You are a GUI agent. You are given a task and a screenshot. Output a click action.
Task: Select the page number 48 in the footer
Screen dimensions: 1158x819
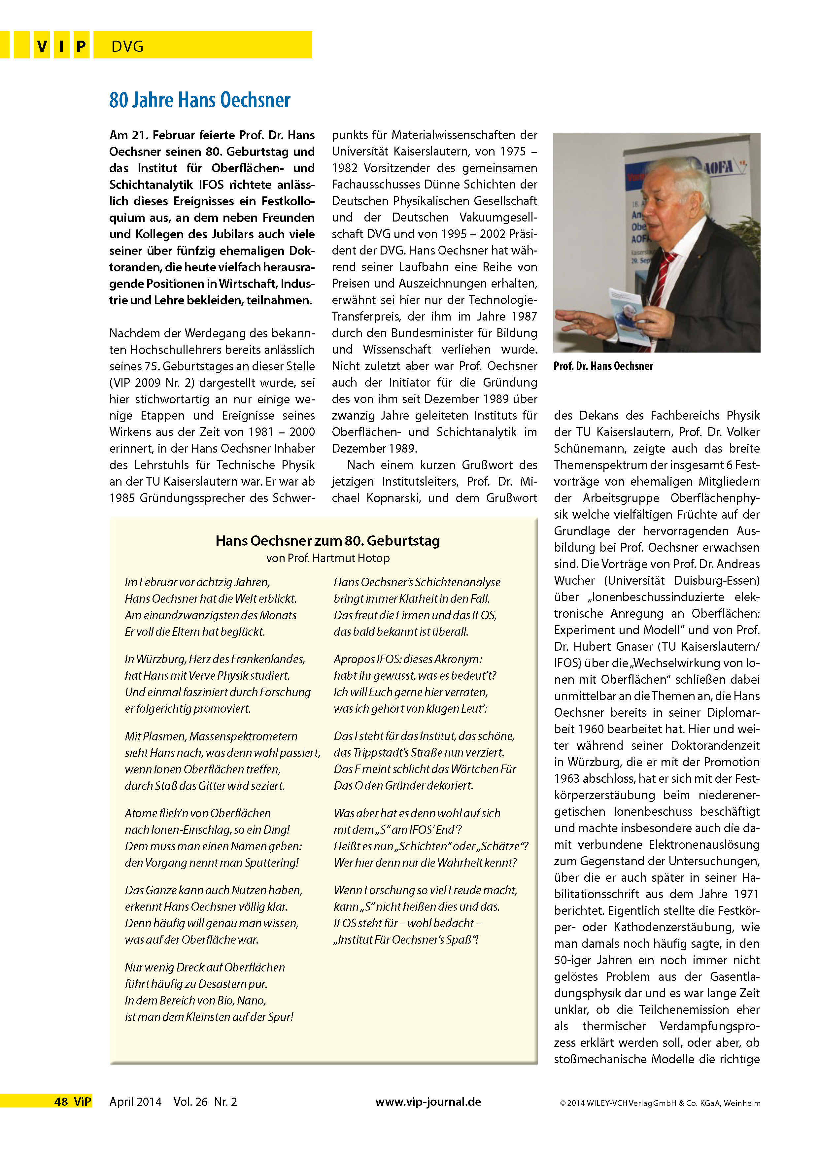coord(61,1102)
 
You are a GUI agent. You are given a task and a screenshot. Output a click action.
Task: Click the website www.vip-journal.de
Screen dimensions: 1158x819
coord(428,1102)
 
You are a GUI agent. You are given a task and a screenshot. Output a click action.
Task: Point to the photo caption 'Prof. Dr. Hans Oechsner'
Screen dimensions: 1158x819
coord(603,366)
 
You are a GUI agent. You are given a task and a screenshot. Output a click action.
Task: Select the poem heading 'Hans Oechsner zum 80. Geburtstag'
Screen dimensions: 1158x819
coord(327,541)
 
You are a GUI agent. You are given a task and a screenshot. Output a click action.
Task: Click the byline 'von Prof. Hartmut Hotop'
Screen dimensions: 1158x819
coord(328,558)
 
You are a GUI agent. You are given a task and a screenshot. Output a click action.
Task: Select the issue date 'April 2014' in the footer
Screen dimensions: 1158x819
coord(135,1102)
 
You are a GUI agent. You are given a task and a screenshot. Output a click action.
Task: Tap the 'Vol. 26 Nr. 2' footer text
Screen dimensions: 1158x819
coord(205,1102)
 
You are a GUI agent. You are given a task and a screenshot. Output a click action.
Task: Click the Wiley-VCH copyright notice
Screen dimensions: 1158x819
coord(660,1103)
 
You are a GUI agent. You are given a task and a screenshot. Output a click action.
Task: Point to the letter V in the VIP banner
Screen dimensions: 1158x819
coord(42,47)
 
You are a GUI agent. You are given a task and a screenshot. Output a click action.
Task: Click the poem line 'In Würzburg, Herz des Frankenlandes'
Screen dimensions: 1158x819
coord(215,659)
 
